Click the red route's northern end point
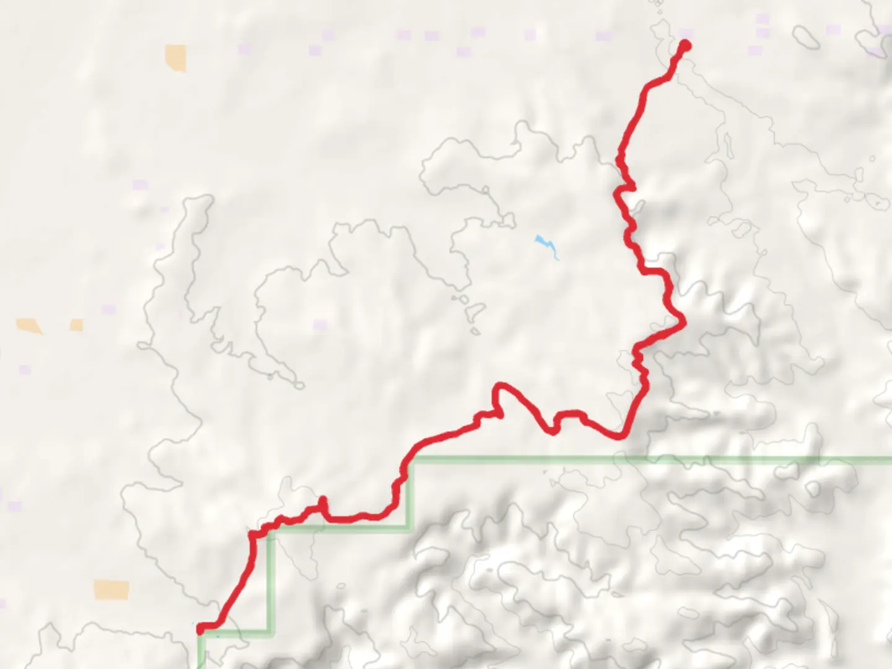[x=685, y=45]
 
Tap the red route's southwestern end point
[x=200, y=629]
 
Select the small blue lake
[x=545, y=243]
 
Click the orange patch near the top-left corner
[x=175, y=57]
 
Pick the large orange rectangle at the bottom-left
[x=111, y=589]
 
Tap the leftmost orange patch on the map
[x=28, y=325]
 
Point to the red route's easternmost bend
[x=683, y=320]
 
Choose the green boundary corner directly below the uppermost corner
[x=408, y=527]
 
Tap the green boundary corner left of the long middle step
[x=271, y=528]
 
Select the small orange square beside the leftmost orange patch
[x=77, y=325]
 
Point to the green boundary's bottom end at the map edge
[x=201, y=666]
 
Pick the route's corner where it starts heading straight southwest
[x=253, y=534]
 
